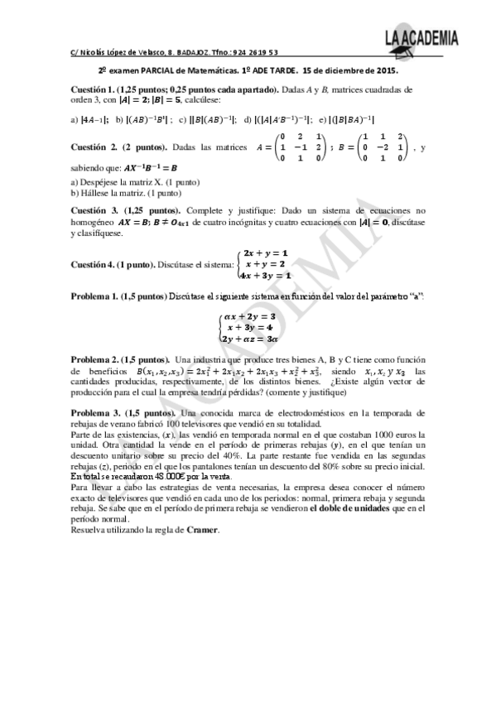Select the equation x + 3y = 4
(249, 327)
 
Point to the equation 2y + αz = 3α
(249, 339)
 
